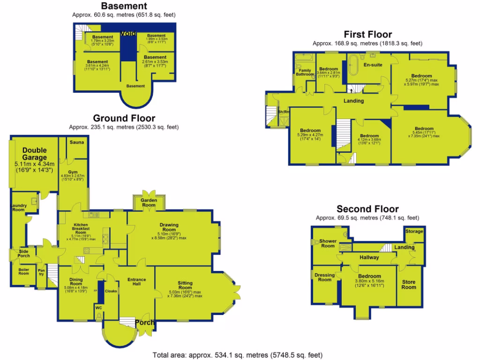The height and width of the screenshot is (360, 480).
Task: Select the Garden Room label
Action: pos(149,202)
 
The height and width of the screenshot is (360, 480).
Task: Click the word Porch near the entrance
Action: pos(145,323)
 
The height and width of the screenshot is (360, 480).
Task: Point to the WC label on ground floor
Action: pos(98,308)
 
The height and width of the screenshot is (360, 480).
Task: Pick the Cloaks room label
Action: pos(111,291)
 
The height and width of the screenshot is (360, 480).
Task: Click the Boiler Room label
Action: pos(24,271)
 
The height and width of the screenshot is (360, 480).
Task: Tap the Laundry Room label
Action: pos(18,208)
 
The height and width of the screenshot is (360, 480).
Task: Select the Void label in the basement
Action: pos(128,33)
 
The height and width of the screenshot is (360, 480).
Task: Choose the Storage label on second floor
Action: pos(414,232)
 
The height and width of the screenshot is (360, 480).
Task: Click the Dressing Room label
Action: pos(324,277)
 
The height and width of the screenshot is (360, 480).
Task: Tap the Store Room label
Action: pos(409,285)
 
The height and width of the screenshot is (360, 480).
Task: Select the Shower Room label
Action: pos(328,243)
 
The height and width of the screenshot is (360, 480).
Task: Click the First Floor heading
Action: pos(367,34)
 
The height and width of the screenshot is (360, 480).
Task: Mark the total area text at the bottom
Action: pos(238,355)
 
